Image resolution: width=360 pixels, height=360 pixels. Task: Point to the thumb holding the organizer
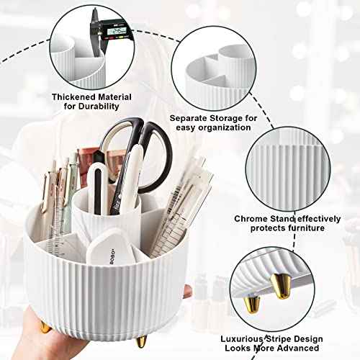pyautogui.click(x=186, y=292)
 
